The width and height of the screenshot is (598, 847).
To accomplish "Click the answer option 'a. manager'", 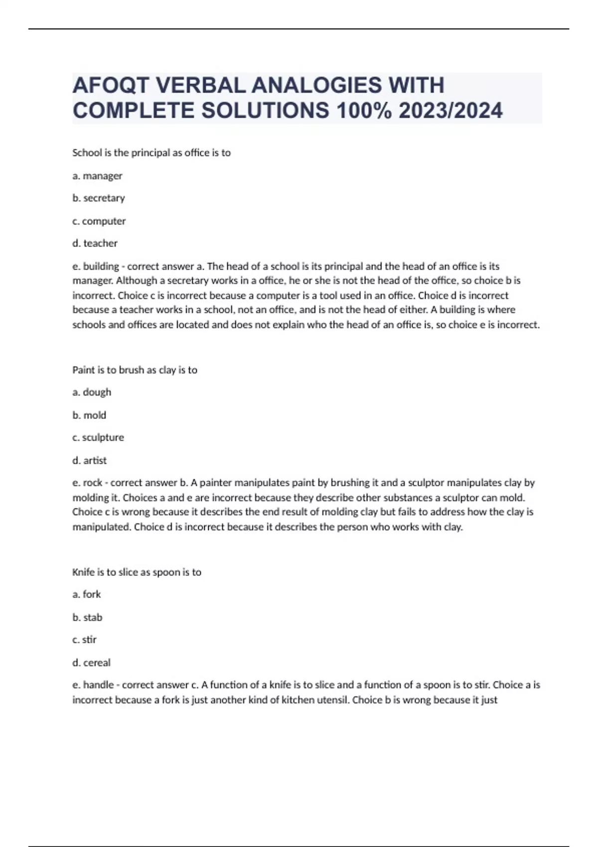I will pyautogui.click(x=97, y=176).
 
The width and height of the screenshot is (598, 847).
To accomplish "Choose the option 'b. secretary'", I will pyautogui.click(x=99, y=198).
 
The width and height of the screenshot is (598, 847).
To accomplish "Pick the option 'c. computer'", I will pyautogui.click(x=99, y=221).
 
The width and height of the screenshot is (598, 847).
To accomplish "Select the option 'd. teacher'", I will pyautogui.click(x=95, y=243).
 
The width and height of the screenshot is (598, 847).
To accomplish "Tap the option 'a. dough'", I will pyautogui.click(x=92, y=392).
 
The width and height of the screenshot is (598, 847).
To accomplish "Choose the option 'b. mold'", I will pyautogui.click(x=89, y=415).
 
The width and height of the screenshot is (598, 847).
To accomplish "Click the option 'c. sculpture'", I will pyautogui.click(x=98, y=437).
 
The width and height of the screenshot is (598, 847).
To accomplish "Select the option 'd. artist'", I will pyautogui.click(x=89, y=460).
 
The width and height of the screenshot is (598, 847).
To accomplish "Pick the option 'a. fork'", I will pyautogui.click(x=87, y=594).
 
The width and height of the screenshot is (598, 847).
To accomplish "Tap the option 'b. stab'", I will pyautogui.click(x=87, y=617).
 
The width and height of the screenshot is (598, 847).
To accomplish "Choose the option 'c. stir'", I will pyautogui.click(x=84, y=640).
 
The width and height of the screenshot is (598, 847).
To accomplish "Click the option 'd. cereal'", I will pyautogui.click(x=91, y=663).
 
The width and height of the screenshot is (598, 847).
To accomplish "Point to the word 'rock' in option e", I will pyautogui.click(x=93, y=483).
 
